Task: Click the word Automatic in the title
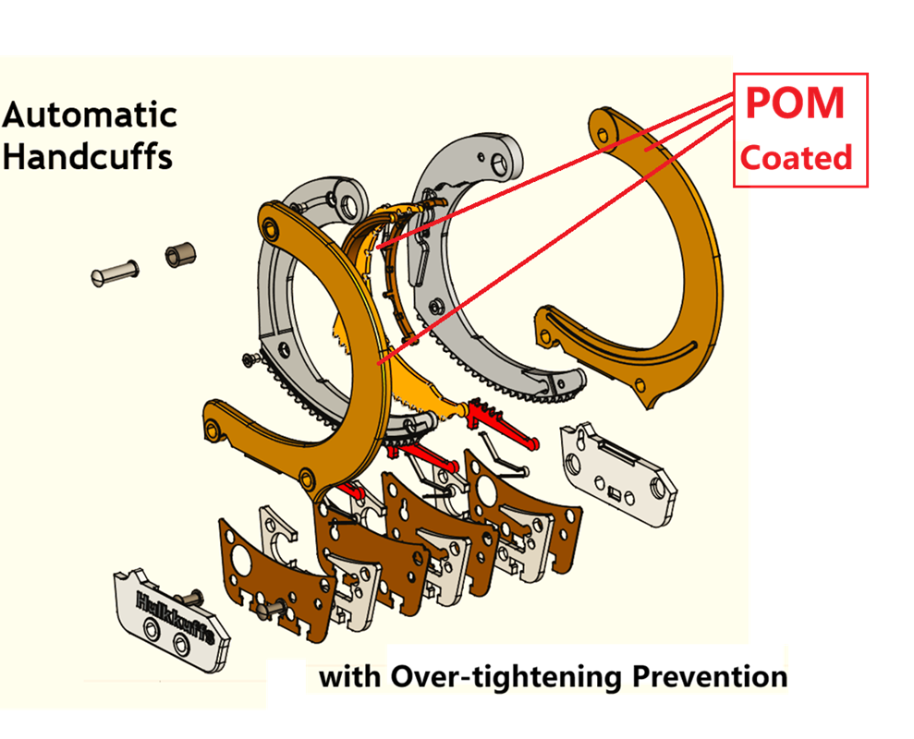point(90,115)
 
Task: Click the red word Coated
point(796,158)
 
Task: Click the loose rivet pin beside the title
point(116,272)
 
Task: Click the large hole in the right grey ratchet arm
point(499,164)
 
